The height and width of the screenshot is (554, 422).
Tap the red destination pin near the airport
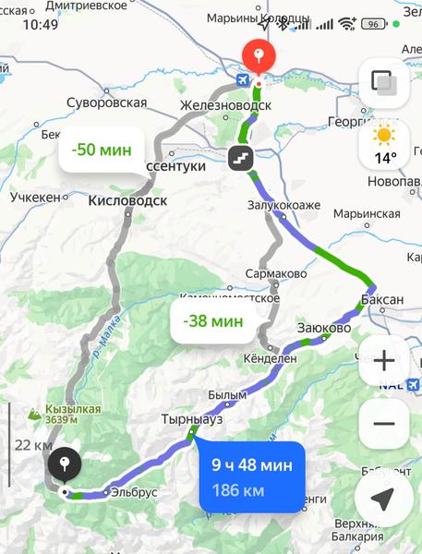pos(259,55)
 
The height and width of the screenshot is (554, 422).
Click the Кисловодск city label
pos(127,199)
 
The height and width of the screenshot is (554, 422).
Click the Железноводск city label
pos(225,105)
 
